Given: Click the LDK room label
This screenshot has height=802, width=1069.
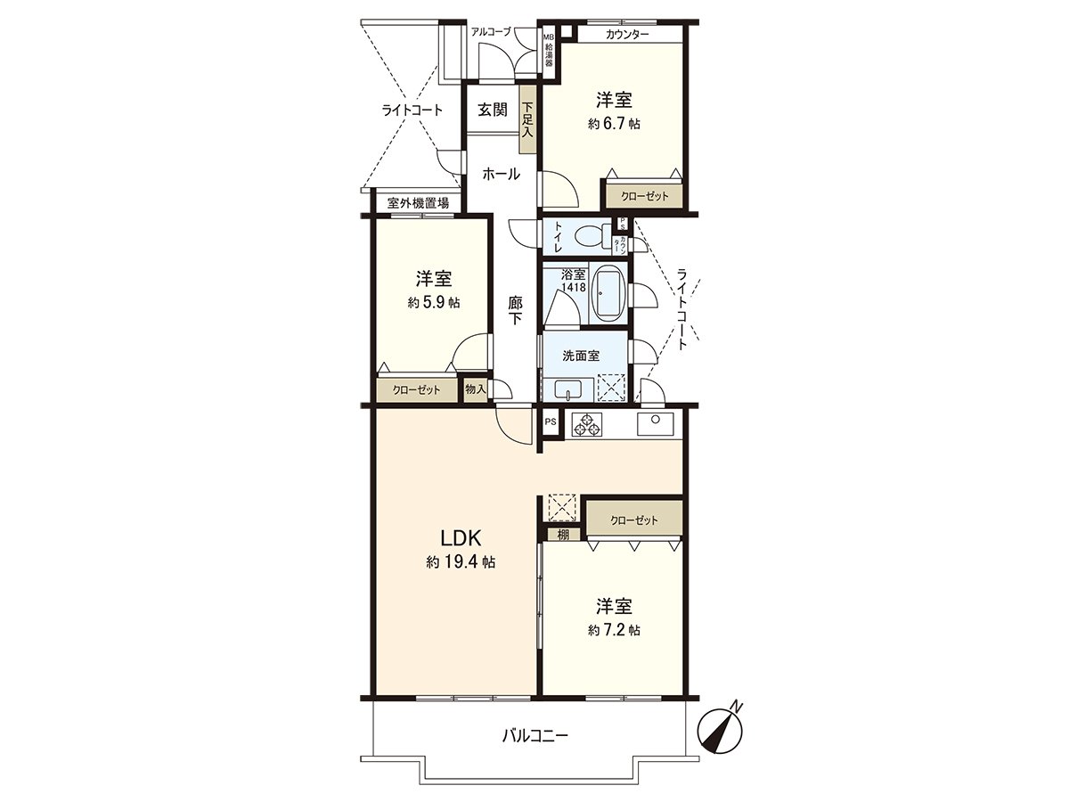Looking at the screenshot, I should (x=461, y=537).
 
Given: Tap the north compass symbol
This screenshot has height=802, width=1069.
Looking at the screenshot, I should (x=722, y=727).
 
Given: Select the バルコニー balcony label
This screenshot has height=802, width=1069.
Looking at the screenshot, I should (x=534, y=736).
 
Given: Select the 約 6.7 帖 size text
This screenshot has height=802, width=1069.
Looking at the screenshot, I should (x=614, y=125).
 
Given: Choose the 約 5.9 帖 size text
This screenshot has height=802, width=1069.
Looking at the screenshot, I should (x=434, y=302).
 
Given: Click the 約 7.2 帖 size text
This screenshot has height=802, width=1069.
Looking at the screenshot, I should (x=614, y=630).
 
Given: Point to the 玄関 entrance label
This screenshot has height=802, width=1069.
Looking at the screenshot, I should (x=492, y=110).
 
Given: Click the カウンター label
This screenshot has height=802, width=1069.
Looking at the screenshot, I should (x=626, y=35).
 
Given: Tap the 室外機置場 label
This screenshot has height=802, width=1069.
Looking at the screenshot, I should (x=418, y=204).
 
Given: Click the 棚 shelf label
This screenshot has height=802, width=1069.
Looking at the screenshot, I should (x=563, y=535).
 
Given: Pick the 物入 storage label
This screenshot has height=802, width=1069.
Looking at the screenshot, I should (x=476, y=389).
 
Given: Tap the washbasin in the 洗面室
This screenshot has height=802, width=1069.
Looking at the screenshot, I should (x=567, y=389).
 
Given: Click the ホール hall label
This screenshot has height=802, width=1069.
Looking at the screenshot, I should (x=501, y=175).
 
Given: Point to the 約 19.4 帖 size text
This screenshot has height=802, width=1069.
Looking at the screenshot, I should (x=461, y=562).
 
